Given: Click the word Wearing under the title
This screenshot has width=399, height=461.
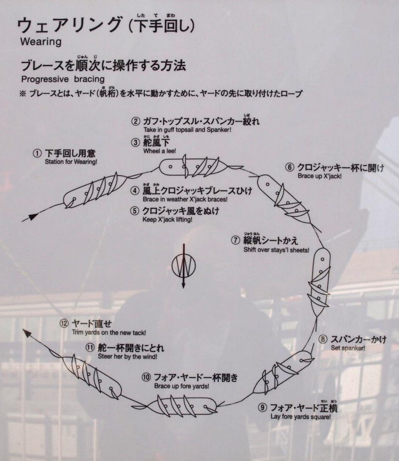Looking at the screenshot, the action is coord(41,42).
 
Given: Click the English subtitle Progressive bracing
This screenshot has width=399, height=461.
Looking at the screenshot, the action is coord(63,79).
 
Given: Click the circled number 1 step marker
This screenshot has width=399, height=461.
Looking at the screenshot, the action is coord(37,153).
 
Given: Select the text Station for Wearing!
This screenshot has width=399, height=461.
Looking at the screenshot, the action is coord(71,161).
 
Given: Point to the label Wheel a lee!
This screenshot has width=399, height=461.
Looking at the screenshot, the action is coord(160,151).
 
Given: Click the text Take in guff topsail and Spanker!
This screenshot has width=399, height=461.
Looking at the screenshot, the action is coord(188,130).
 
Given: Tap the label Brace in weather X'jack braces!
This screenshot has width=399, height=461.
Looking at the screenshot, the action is coord(185,199).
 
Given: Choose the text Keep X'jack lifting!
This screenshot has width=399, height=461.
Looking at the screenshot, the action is coord(167,220).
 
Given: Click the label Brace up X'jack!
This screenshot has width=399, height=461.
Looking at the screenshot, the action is coord(320,176).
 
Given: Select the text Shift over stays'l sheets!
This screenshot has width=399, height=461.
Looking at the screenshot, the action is coord(276,250).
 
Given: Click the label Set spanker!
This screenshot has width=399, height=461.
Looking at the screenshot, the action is coord(348,348).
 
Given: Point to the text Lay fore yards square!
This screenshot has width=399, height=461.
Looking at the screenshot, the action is coord(301,416).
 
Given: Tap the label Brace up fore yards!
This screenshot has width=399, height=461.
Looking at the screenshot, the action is coord(182,386).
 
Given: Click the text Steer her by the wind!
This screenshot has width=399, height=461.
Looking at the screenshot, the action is coord(128,356).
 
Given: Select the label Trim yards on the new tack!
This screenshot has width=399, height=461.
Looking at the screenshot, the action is coord(109,332).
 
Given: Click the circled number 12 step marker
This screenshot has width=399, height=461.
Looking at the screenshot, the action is coord(64,323).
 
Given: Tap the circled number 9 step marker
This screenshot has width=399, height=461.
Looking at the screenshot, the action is coord(262,407).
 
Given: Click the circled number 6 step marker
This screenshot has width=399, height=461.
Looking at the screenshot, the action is coord(290,167).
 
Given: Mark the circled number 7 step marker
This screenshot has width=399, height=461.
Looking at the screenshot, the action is coord(235,240).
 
